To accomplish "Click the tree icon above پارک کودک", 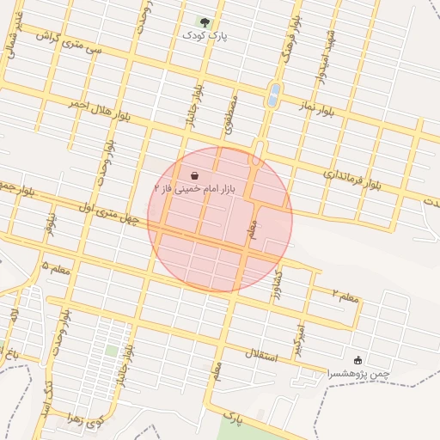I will tap(204, 21).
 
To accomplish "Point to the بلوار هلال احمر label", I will tap(101, 109).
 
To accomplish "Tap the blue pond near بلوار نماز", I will tap(273, 94).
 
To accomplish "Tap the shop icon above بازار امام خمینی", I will tap(195, 174).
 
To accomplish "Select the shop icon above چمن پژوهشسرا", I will tap(358, 360).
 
